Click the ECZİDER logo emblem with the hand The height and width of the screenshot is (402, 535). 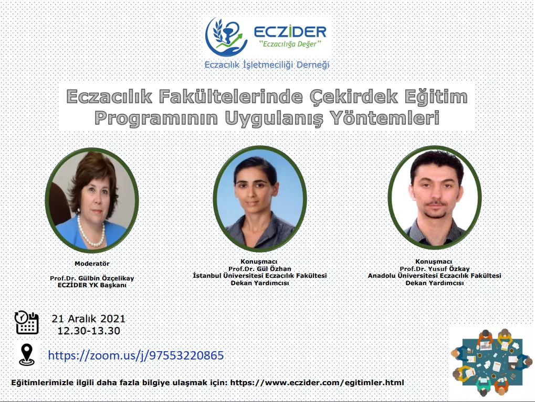click(x=226, y=37)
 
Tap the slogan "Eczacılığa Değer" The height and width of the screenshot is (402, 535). click(x=290, y=44)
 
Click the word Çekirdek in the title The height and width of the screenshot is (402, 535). click(x=354, y=96)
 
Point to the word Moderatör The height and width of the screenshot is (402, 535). click(x=92, y=263)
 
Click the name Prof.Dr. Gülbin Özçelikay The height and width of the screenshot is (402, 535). click(x=92, y=278)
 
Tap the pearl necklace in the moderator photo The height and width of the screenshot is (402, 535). click(x=91, y=232)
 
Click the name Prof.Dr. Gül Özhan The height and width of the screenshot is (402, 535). click(x=260, y=268)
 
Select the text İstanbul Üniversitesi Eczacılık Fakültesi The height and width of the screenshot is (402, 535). click(x=260, y=275)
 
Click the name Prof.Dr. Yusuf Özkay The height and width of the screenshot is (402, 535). click(x=435, y=268)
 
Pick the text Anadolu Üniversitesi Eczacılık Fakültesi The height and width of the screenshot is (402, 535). click(x=434, y=275)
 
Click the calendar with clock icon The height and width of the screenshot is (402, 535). click(x=27, y=322)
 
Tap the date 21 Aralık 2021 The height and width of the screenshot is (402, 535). click(x=89, y=319)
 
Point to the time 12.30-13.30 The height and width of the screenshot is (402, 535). click(x=89, y=331)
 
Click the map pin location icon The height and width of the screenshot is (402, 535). click(x=27, y=355)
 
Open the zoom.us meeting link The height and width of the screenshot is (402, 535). click(x=136, y=355)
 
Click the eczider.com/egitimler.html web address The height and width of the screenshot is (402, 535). click(x=317, y=383)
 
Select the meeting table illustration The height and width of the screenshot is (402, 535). click(x=491, y=362)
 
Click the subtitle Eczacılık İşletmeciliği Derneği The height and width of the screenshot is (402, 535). click(x=267, y=64)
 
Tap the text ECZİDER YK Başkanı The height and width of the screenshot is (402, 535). click(x=92, y=285)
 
